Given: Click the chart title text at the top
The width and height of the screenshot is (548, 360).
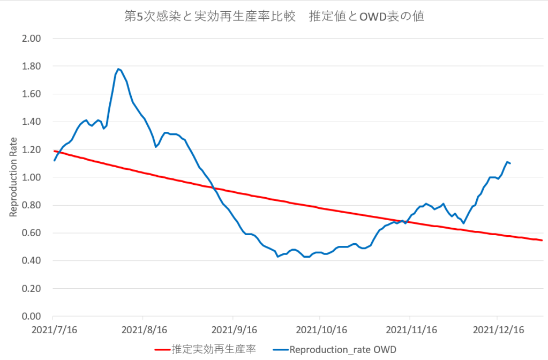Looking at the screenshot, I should [x=274, y=16].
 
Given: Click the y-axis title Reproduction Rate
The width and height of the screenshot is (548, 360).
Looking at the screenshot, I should [x=13, y=177].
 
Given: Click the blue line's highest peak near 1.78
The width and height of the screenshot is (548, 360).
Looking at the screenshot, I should [x=118, y=69].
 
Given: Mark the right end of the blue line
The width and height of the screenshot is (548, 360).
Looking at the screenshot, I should [x=509, y=163].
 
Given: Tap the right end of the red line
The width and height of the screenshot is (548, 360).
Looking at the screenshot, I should [x=542, y=240].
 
